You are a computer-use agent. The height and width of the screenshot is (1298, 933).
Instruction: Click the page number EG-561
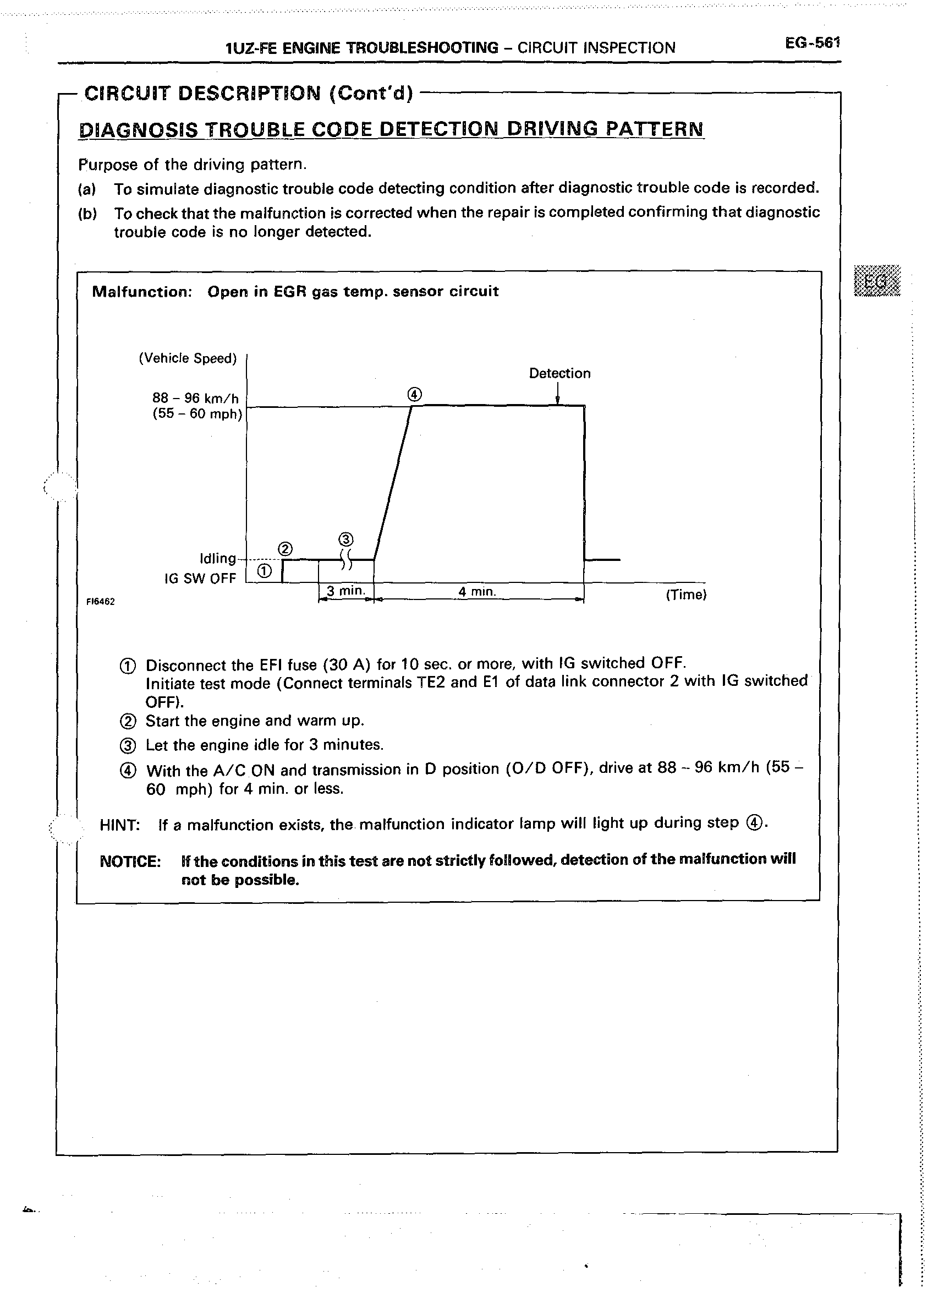point(812,43)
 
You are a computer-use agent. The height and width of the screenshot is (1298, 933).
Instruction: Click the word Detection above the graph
point(559,373)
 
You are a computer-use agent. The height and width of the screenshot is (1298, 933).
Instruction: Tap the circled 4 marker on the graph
point(414,394)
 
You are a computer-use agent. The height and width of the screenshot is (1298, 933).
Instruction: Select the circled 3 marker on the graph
point(346,539)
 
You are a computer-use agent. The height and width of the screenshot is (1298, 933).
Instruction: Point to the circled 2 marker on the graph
point(285,549)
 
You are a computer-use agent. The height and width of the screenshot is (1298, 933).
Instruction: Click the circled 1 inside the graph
point(264,571)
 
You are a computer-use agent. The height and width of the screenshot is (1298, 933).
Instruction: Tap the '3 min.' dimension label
point(345,591)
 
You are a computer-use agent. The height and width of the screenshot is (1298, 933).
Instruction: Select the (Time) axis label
point(686,595)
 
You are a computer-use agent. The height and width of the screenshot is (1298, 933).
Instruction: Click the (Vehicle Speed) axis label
point(188,358)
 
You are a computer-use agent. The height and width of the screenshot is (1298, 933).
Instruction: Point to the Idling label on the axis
point(217,558)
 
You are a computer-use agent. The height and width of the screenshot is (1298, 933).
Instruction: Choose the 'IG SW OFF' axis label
point(200,578)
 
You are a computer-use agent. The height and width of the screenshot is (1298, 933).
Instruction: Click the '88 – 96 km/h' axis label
point(195,398)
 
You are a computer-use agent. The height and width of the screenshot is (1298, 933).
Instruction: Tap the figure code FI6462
point(101,602)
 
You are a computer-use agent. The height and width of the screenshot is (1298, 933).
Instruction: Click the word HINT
point(119,825)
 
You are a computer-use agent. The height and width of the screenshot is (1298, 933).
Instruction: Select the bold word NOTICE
point(130,861)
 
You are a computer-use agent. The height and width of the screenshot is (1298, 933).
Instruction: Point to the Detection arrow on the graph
point(557,393)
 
